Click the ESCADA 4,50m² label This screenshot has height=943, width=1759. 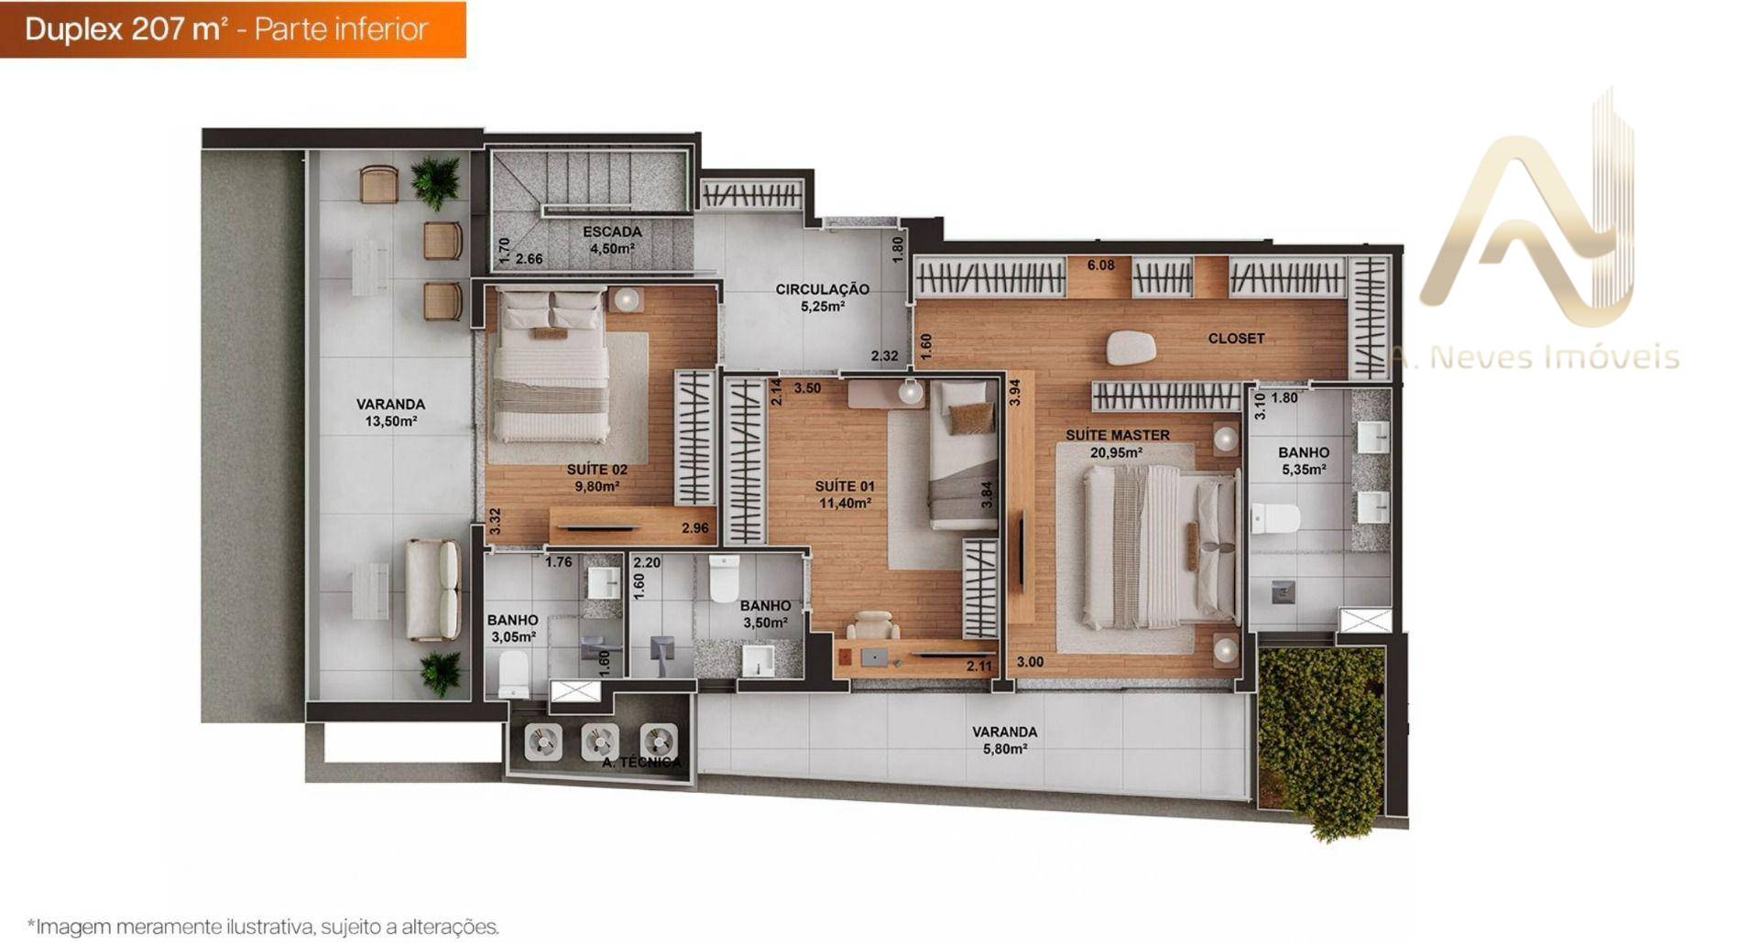612,240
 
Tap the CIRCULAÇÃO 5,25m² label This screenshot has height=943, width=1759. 822,298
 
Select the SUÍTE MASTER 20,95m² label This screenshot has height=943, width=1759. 1117,443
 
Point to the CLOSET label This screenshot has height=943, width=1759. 1236,339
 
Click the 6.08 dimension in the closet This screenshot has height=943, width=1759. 1100,266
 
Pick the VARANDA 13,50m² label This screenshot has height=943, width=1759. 390,412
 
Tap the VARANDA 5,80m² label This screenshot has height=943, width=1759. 1004,740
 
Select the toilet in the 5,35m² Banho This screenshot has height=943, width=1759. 1275,519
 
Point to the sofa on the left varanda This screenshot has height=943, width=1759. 433,590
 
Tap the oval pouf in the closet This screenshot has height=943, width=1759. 1131,348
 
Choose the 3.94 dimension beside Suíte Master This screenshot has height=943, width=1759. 1014,393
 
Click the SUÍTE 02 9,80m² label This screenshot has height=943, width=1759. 596,478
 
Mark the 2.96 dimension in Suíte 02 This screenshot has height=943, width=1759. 694,528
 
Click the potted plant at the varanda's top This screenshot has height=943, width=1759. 436,181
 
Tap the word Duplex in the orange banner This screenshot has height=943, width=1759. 73,30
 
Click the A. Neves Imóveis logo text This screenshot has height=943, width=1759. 1535,357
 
